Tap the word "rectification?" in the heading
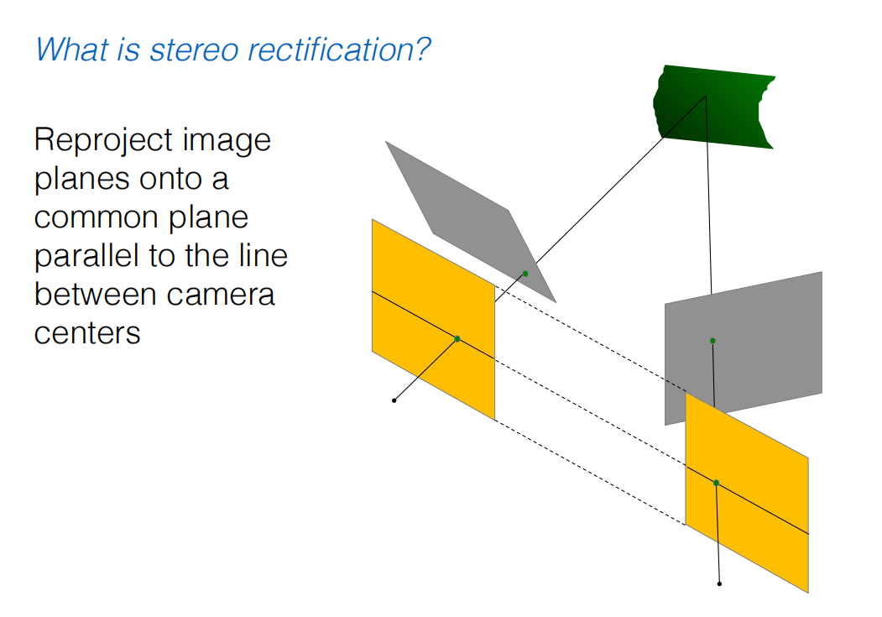click(x=346, y=50)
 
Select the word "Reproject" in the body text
click(x=96, y=140)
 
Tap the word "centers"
click(x=87, y=333)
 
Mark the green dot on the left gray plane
click(x=525, y=274)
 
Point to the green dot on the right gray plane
click(x=712, y=340)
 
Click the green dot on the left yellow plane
click(x=457, y=338)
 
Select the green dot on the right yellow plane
click(x=716, y=483)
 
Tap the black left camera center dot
click(x=394, y=400)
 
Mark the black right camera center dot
click(x=719, y=583)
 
